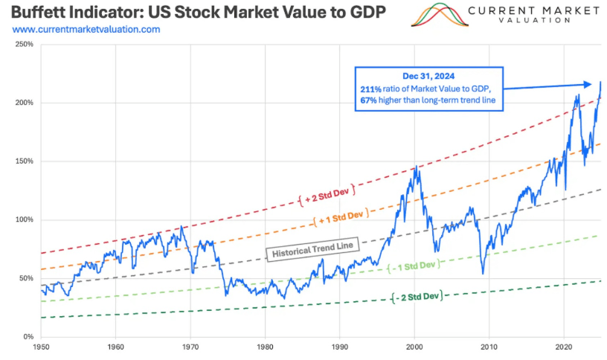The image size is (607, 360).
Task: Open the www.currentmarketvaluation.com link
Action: click(86, 29)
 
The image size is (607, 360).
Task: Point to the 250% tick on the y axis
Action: click(23, 45)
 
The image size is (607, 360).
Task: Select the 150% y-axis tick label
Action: click(23, 161)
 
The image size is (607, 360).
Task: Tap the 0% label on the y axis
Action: click(27, 337)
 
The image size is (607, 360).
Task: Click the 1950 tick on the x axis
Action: click(41, 347)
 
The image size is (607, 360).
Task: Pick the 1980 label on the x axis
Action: click(266, 347)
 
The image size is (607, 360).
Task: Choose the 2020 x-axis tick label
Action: click(564, 347)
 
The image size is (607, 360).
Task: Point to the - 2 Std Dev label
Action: click(416, 296)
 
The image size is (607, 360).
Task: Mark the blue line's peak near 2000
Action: click(416, 167)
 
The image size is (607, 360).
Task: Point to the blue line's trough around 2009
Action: click(483, 273)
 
